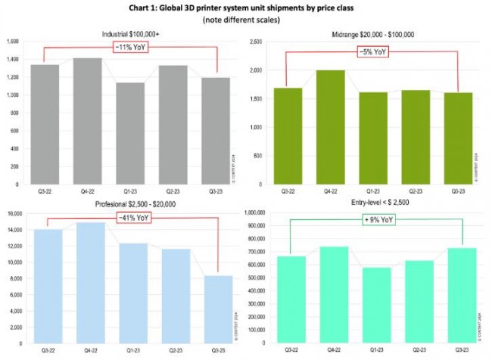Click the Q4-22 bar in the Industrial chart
click(88, 121)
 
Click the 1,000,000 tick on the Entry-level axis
click(255, 215)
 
